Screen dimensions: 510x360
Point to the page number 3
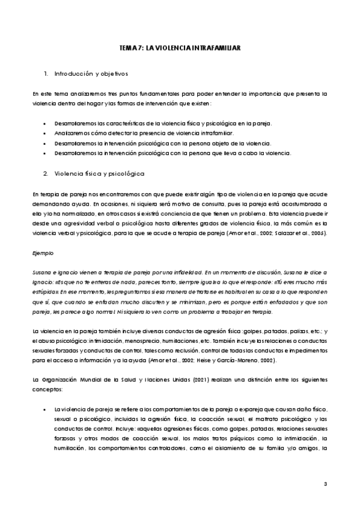(325, 484)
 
